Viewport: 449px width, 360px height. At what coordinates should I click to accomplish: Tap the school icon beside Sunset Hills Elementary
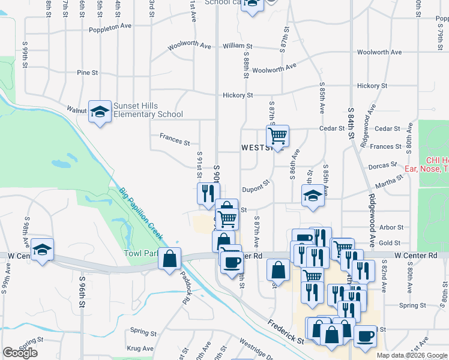[100, 111]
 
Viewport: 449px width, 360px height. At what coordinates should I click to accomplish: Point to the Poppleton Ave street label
[110, 28]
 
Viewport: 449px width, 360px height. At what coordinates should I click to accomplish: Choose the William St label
[237, 46]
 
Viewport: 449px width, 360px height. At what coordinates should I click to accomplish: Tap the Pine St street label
[88, 73]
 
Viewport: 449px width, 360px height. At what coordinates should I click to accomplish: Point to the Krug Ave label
[140, 348]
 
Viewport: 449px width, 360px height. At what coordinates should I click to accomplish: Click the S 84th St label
[351, 123]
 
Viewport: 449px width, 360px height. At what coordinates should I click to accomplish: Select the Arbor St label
[391, 227]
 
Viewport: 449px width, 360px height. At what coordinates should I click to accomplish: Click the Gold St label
[390, 242]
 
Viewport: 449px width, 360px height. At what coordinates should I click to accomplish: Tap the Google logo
[20, 353]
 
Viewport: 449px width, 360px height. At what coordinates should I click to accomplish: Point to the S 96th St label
[82, 292]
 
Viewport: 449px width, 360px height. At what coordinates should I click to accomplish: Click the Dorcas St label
[385, 164]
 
